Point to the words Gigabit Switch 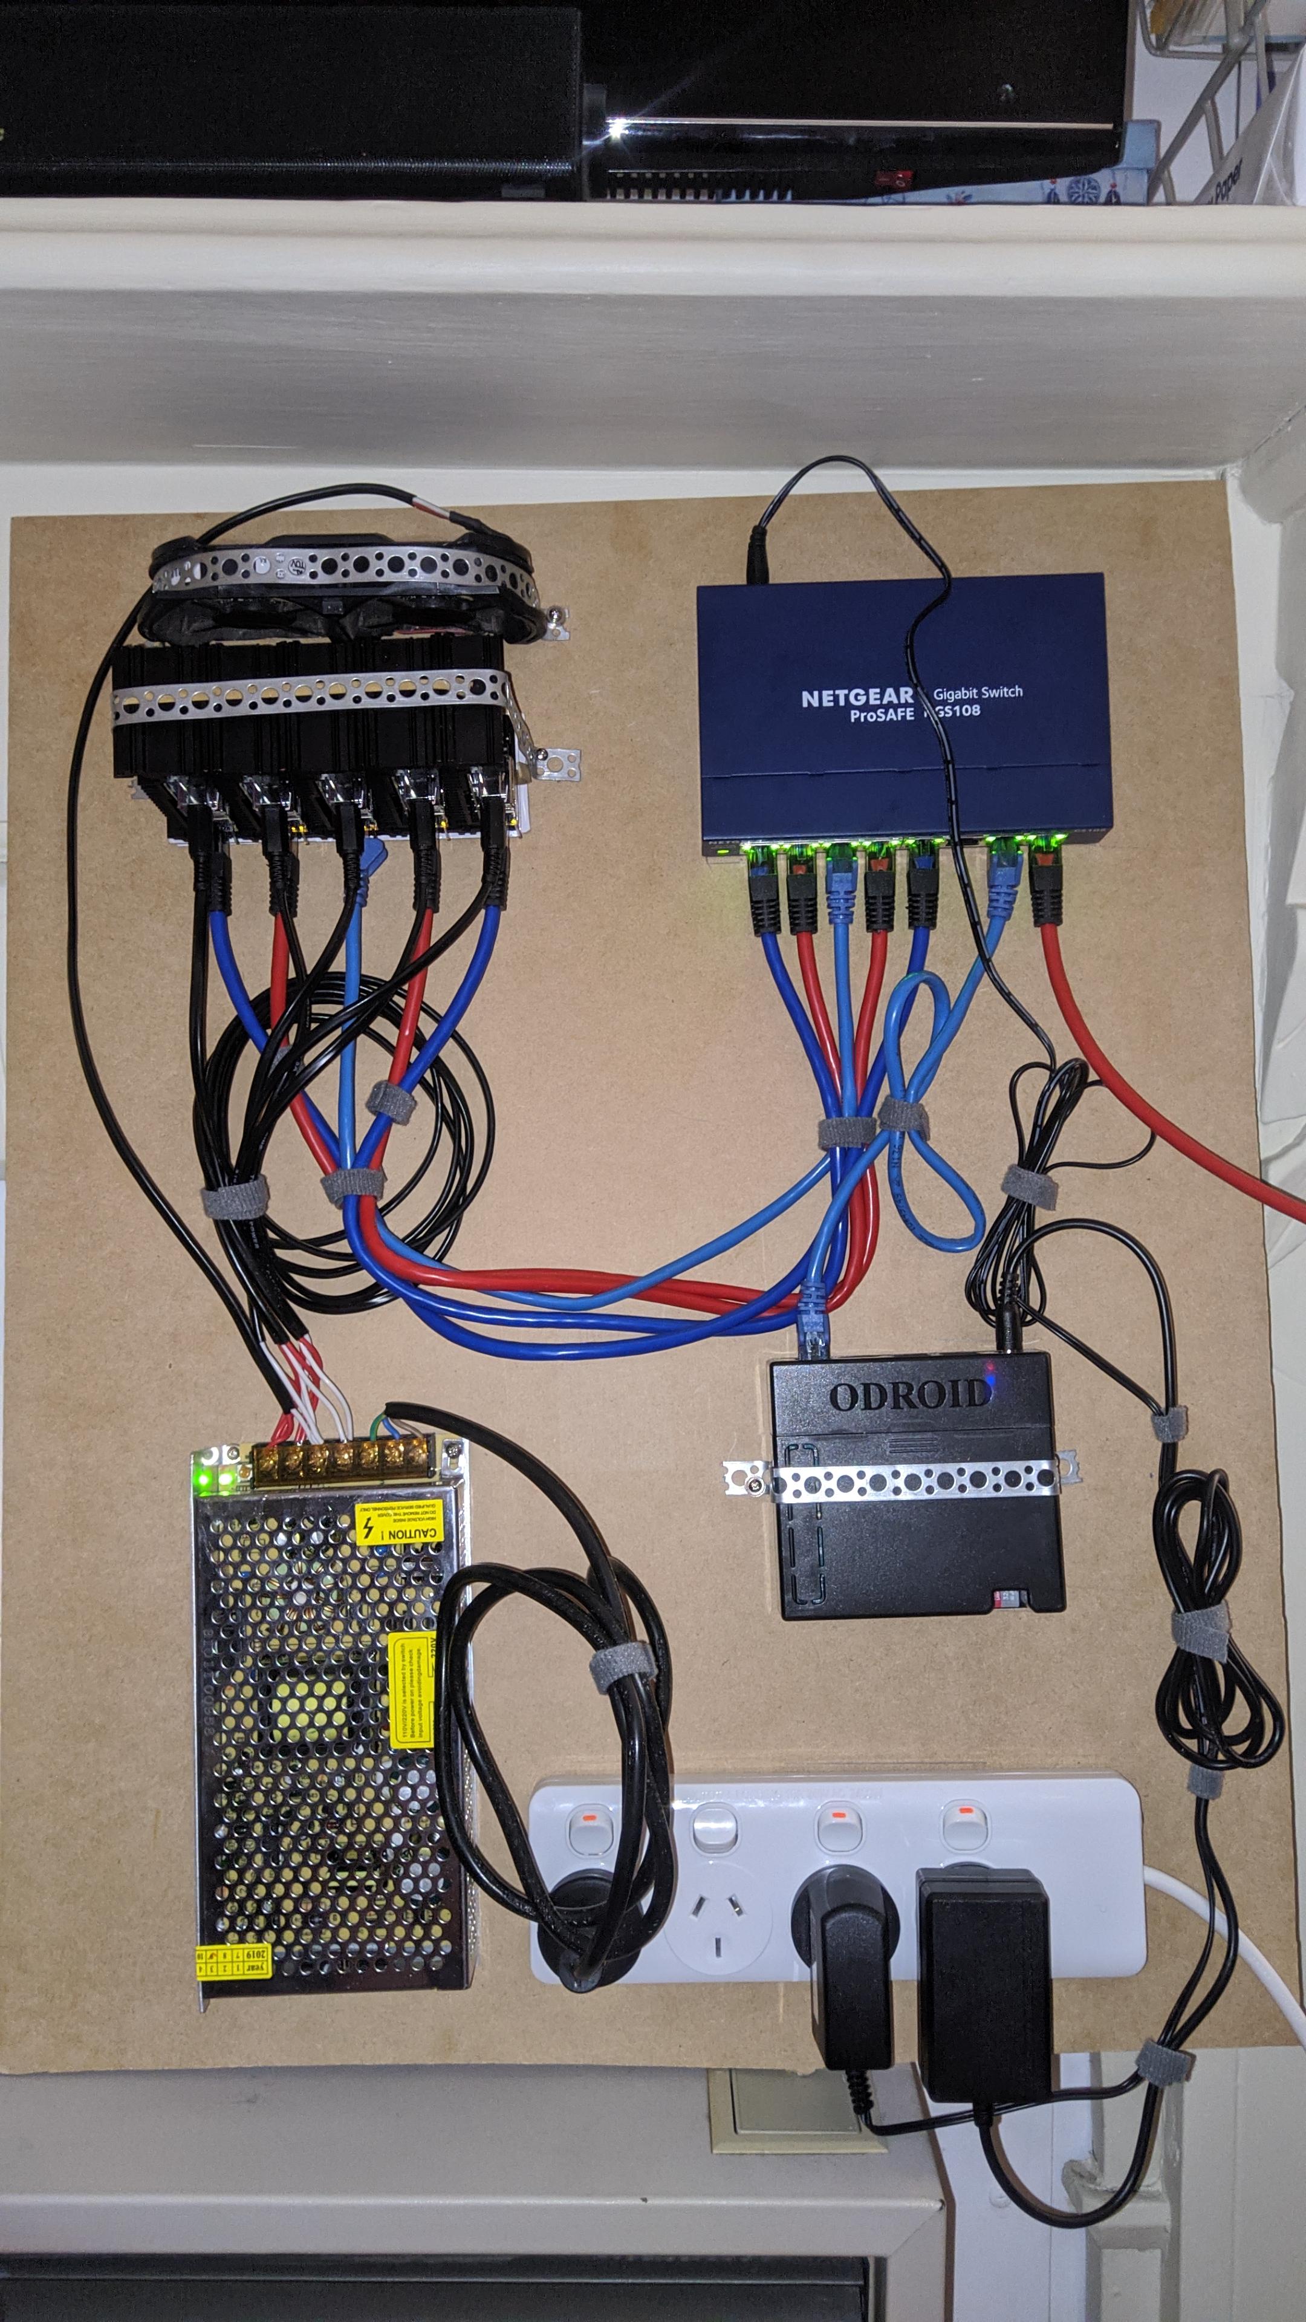coord(978,692)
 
